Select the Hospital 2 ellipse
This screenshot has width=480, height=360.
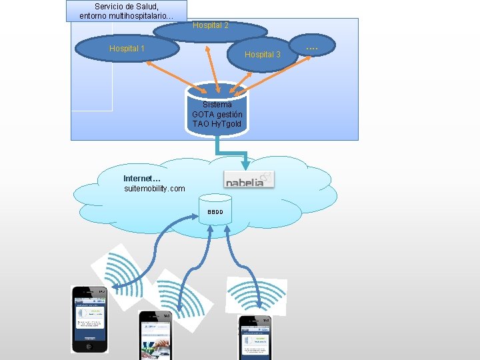coord(210,30)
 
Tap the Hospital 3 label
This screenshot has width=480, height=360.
coord(263,55)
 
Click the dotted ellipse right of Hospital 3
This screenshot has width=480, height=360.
coord(311,49)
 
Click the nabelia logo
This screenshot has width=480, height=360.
coord(248,179)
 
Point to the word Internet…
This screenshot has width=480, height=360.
coord(142,179)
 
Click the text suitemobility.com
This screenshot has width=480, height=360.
coord(155,189)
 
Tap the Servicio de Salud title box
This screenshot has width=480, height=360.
coord(127,11)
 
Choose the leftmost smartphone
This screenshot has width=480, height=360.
coord(89,319)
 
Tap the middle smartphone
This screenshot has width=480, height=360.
coord(155,335)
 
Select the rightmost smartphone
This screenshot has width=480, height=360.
coord(255,337)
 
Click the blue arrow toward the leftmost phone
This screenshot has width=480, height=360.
coord(143,257)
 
